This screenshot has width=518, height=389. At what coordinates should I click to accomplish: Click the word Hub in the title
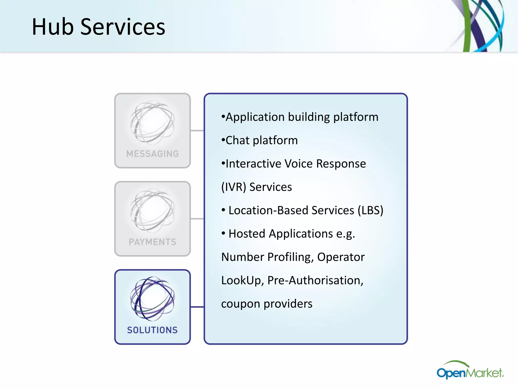tap(53, 27)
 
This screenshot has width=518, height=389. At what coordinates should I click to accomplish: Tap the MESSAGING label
tap(153, 154)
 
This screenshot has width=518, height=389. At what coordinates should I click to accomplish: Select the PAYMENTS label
tap(153, 242)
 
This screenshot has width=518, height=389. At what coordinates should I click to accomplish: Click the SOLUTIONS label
tap(153, 330)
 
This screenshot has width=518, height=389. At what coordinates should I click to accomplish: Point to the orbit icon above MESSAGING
tap(153, 123)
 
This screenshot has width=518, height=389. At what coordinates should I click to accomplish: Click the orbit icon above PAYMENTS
tap(153, 211)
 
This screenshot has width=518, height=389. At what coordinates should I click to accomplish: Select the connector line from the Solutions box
tap(197, 307)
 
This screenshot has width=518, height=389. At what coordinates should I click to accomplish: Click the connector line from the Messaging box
tap(197, 131)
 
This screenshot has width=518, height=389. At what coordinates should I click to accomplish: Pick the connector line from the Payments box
tap(197, 219)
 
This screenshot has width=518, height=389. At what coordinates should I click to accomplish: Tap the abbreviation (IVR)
tap(233, 187)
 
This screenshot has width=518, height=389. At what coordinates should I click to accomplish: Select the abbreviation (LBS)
tap(371, 210)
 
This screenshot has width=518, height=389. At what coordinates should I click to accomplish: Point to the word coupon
tap(241, 304)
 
